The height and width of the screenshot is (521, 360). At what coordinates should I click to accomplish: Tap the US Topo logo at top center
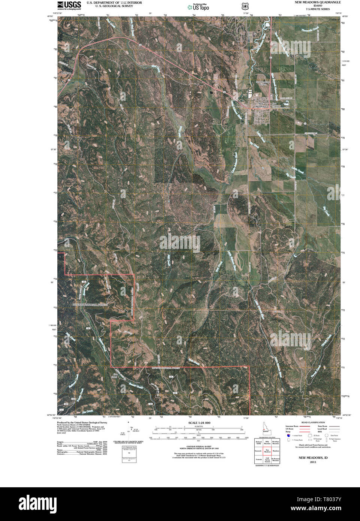(199, 7)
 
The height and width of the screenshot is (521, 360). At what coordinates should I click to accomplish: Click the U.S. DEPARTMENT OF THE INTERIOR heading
(111, 2)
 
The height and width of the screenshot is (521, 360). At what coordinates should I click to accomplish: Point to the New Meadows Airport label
(261, 83)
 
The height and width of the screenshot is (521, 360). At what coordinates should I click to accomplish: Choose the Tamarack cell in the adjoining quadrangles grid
(258, 451)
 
